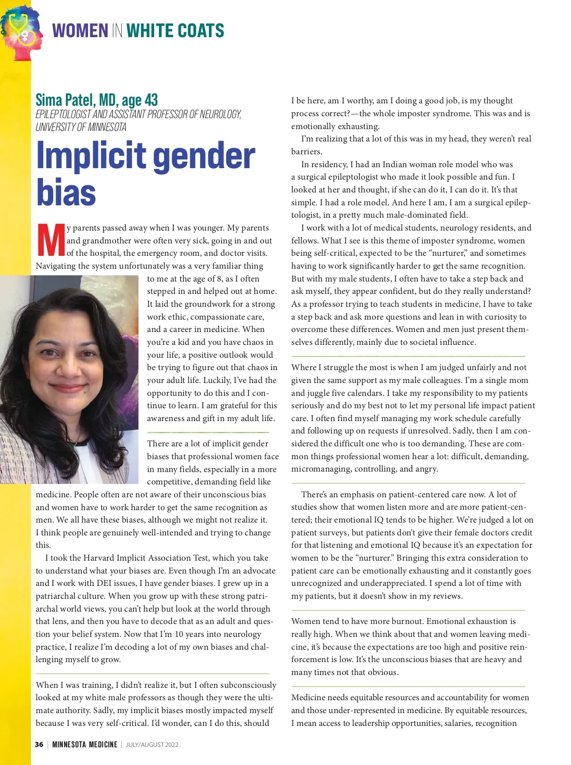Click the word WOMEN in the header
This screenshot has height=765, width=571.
click(80, 31)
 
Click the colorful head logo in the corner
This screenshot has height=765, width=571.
click(22, 32)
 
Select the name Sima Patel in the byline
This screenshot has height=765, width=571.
click(65, 100)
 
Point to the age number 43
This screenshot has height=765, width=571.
click(151, 100)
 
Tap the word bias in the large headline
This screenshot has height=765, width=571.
click(66, 193)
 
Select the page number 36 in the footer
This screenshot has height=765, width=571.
click(39, 745)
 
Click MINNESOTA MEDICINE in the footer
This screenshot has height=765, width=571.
click(85, 745)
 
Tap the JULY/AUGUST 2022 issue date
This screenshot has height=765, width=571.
click(152, 745)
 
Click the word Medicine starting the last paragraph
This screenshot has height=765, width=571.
click(308, 697)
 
